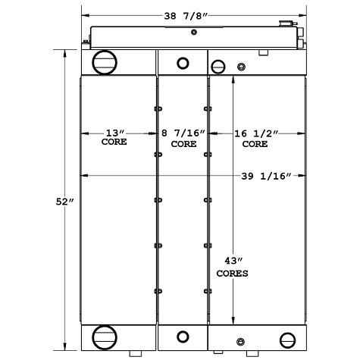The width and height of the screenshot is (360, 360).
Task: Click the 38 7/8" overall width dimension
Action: [x=193, y=14]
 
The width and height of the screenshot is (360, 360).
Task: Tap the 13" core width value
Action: [x=114, y=133]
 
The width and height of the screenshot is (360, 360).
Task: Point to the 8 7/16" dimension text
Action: [x=182, y=133]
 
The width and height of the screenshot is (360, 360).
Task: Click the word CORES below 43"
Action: [x=233, y=273]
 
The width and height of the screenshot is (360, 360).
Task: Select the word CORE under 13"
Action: [x=114, y=142]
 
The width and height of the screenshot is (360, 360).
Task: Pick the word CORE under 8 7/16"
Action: [x=183, y=142]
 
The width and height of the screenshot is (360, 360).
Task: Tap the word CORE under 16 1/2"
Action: [x=254, y=142]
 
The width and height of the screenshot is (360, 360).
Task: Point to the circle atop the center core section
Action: [x=182, y=63]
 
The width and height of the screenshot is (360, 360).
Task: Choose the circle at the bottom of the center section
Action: [x=182, y=337]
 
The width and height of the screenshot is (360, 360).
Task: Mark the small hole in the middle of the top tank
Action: [x=193, y=32]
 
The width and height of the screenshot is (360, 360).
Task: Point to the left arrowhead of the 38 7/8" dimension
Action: [x=84, y=14]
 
